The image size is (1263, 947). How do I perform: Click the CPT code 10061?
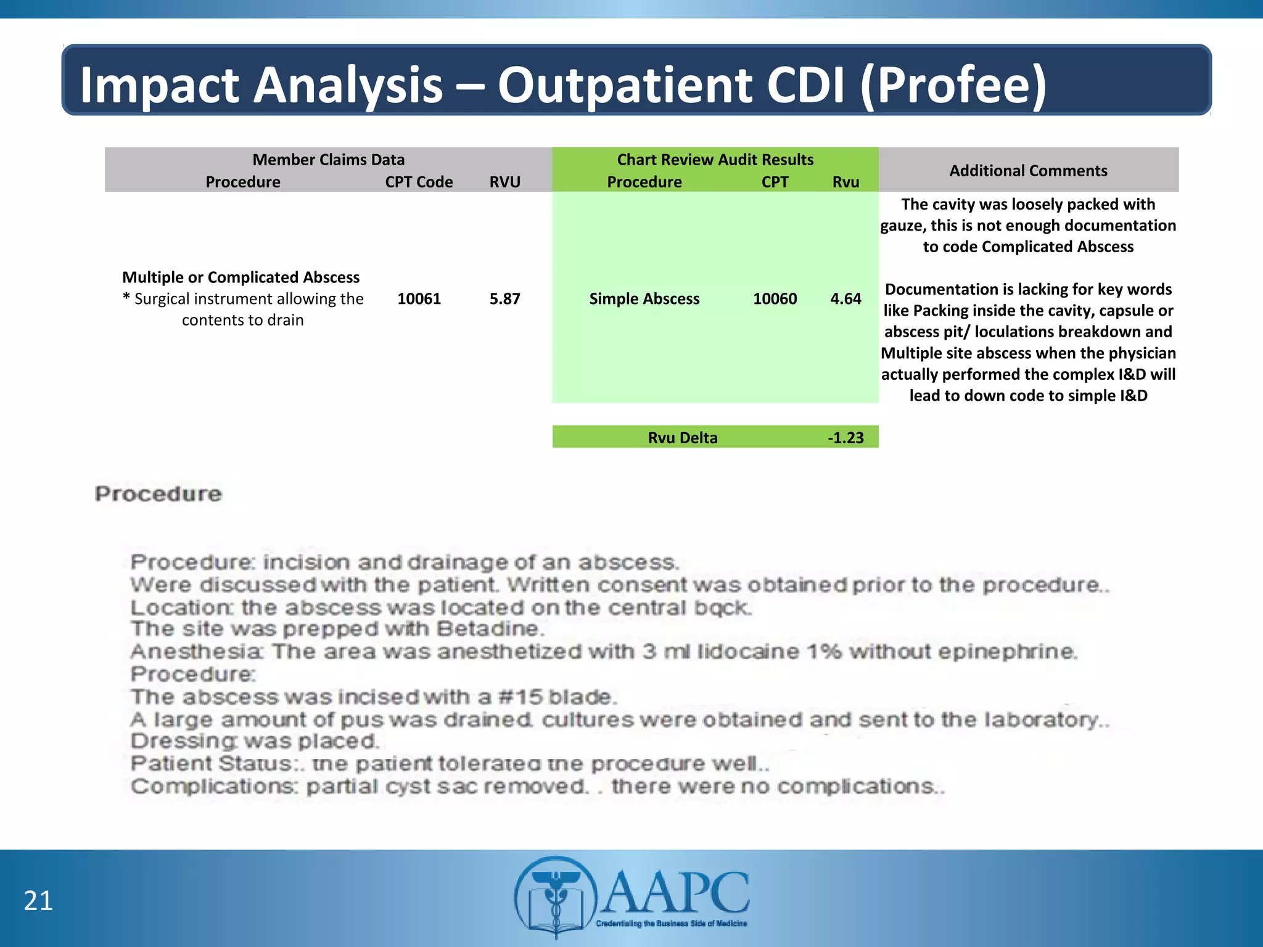tap(419, 299)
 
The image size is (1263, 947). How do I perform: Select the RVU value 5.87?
tap(504, 299)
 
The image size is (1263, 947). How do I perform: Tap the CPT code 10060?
tap(775, 299)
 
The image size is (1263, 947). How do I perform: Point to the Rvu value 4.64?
tap(845, 299)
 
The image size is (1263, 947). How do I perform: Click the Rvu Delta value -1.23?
tap(845, 438)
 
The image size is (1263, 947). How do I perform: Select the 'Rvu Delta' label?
tap(682, 438)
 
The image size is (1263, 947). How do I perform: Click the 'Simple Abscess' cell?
tap(644, 299)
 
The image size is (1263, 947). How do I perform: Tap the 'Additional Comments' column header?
tap(1028, 171)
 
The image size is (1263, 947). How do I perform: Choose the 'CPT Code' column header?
tap(419, 182)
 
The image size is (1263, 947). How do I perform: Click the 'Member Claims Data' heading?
tap(328, 160)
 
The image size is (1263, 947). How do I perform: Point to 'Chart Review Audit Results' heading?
tap(715, 160)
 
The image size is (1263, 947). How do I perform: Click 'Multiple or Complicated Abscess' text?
tap(241, 277)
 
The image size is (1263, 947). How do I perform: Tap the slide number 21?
tap(38, 901)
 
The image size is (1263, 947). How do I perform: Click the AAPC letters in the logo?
tap(675, 892)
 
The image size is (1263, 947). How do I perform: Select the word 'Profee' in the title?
tap(953, 84)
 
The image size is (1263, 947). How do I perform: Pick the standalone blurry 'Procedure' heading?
tap(158, 494)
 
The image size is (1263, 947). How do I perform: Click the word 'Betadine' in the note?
tap(490, 629)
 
